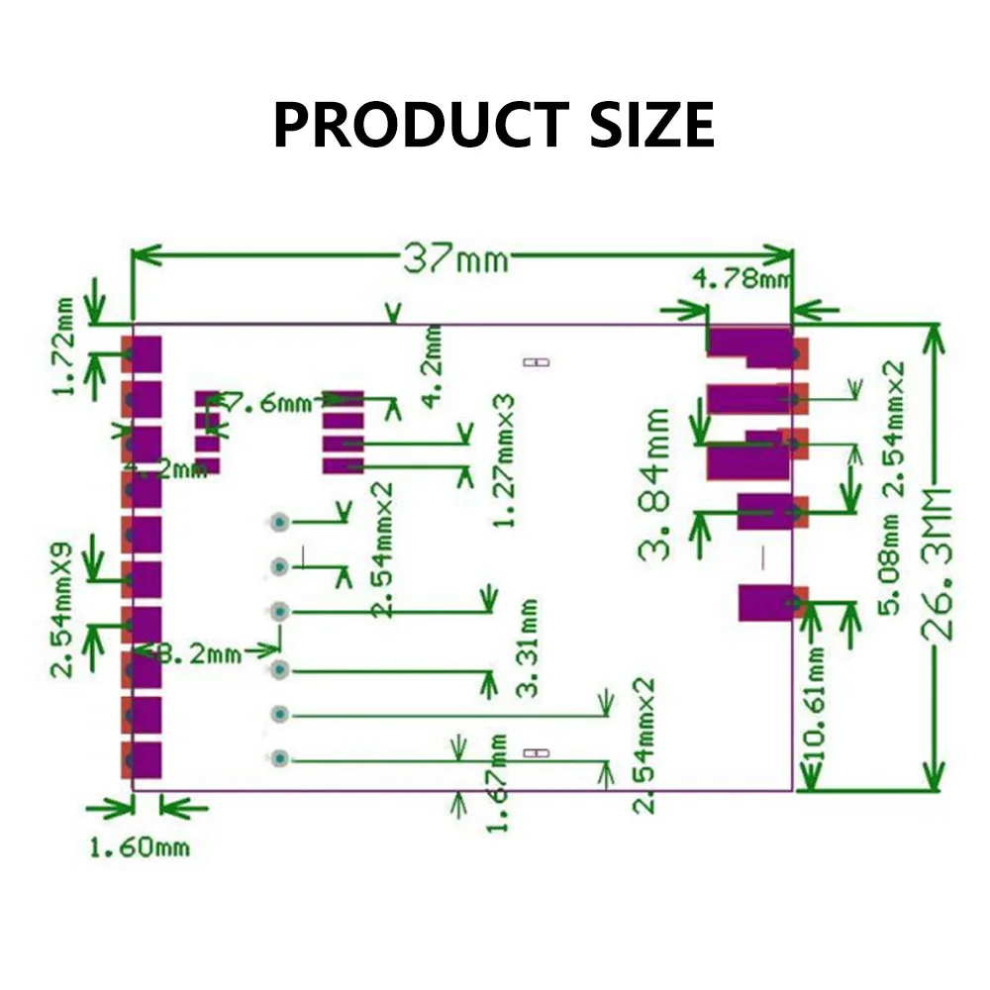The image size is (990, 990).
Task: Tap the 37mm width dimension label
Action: click(454, 259)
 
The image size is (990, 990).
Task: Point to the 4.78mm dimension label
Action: click(742, 280)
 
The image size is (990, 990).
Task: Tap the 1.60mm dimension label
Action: click(140, 847)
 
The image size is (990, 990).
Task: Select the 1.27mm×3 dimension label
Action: click(504, 459)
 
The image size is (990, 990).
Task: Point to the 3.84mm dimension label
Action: click(655, 485)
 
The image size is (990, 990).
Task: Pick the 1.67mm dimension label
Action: click(499, 783)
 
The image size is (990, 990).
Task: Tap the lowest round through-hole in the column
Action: click(280, 759)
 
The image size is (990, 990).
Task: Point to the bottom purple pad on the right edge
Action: click(767, 603)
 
